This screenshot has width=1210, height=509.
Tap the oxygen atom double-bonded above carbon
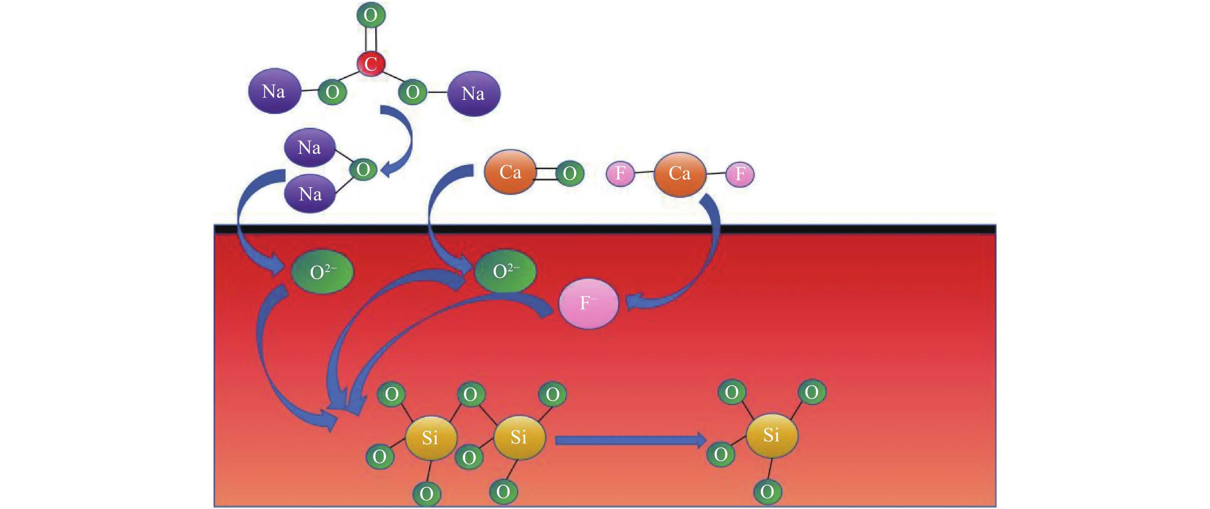tap(371, 15)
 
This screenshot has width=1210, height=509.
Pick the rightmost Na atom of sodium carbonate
tap(473, 94)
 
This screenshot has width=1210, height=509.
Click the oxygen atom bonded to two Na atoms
tap(363, 170)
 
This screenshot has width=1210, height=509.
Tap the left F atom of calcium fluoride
tap(621, 173)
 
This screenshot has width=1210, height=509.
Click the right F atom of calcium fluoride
tap(740, 174)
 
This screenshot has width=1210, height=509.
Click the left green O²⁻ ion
tap(322, 272)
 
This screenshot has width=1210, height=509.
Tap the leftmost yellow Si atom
tap(431, 438)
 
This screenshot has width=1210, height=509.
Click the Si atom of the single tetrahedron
tap(772, 435)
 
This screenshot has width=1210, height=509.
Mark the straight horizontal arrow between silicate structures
tap(630, 440)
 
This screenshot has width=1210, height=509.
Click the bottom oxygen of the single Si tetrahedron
tap(767, 492)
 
